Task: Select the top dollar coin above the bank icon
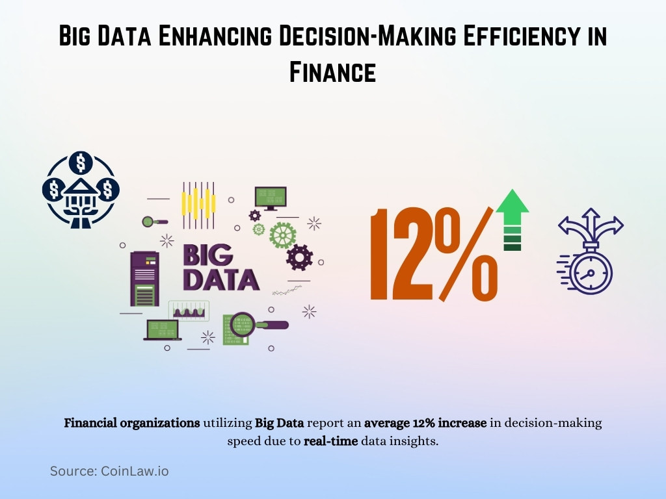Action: (81, 161)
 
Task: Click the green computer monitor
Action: (270, 197)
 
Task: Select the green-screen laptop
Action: (162, 330)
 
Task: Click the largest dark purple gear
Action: (299, 258)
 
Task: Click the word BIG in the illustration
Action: (208, 255)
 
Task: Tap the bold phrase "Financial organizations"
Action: (131, 423)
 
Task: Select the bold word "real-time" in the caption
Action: (330, 441)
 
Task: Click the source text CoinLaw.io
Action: (134, 471)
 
